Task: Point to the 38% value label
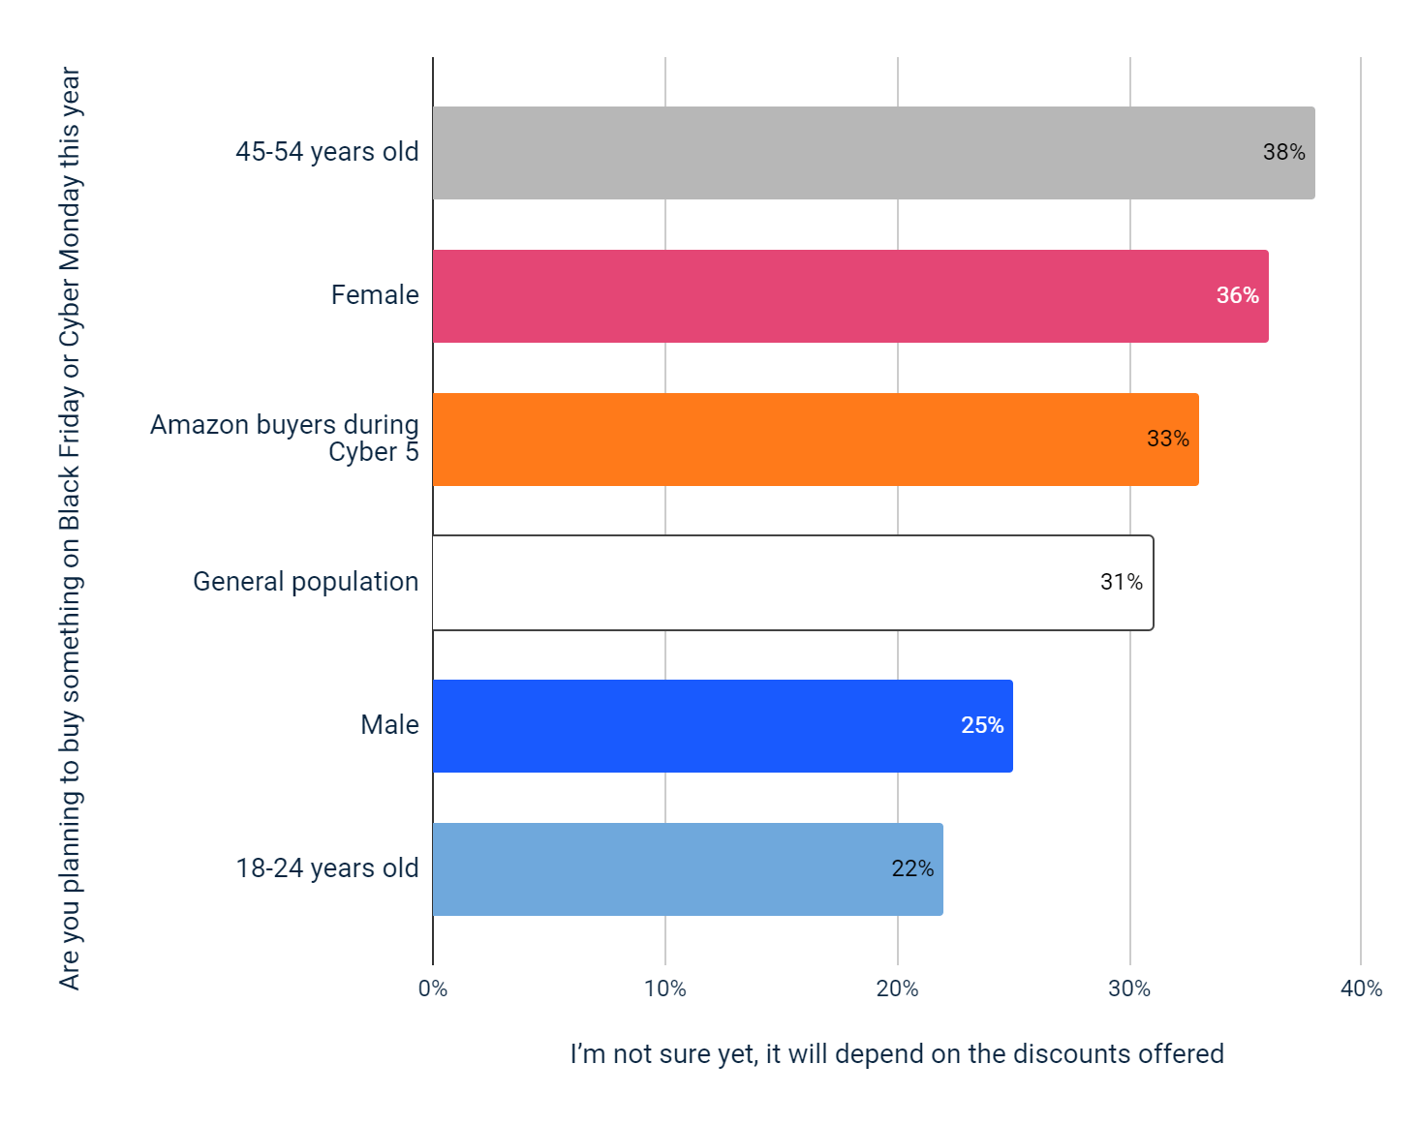click(1283, 153)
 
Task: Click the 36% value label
click(1237, 296)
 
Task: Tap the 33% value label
click(1167, 440)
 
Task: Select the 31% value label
click(1121, 583)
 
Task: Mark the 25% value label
click(981, 726)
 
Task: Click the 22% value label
click(911, 869)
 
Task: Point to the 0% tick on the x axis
click(433, 989)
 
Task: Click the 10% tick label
click(664, 989)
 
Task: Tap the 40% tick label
click(1361, 989)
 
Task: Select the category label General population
click(305, 582)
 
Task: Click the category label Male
click(389, 725)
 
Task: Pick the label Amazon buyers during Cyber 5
click(285, 439)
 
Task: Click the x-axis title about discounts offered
click(896, 1054)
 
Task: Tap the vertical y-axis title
click(70, 528)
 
